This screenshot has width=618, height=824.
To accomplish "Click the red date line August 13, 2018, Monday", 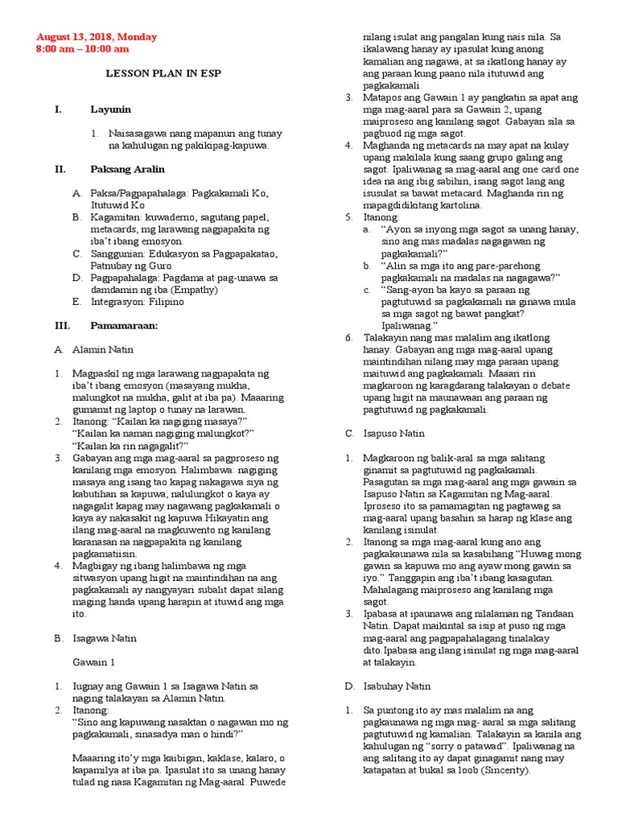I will (97, 37).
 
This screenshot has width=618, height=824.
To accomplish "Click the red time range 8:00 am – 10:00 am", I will (89, 50).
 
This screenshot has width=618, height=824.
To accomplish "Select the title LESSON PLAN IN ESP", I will (164, 73).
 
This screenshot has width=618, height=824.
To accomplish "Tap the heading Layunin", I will (110, 109).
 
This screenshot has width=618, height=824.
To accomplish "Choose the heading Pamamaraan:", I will (123, 326).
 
